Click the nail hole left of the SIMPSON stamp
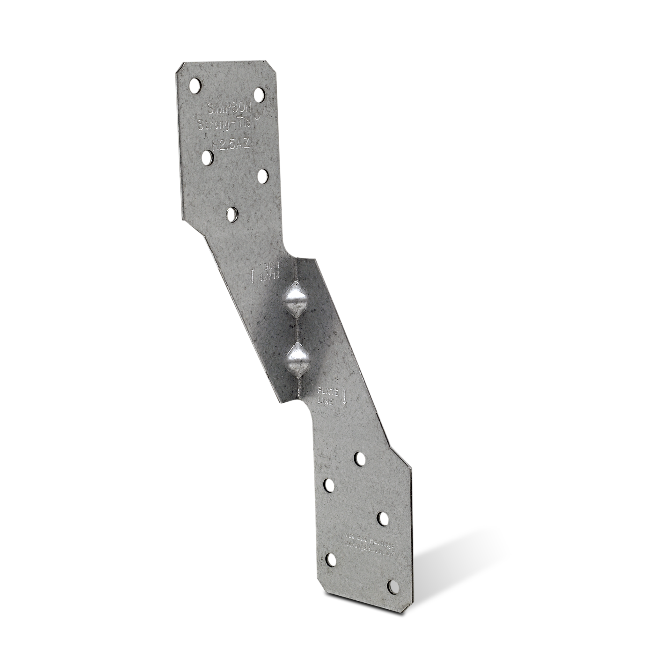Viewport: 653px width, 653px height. coord(195,85)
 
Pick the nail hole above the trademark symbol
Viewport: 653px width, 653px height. coord(260,94)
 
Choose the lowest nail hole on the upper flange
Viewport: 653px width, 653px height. coord(232,214)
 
